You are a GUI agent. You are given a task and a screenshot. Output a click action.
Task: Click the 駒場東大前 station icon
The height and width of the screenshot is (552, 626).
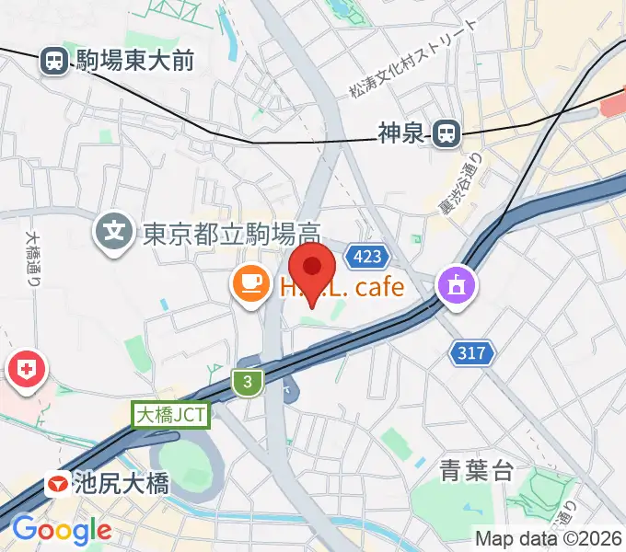54,62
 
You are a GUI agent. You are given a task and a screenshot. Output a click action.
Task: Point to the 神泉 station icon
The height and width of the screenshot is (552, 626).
446,134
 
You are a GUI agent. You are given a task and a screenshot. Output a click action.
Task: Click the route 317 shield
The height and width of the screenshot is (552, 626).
473,351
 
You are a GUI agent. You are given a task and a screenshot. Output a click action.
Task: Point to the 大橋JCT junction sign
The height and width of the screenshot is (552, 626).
172,416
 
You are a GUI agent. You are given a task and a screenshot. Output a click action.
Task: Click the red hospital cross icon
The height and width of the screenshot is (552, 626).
25,370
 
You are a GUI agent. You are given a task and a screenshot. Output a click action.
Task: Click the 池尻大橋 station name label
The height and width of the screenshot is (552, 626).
122,483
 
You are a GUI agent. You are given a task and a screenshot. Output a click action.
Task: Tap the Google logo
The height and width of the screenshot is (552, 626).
62,530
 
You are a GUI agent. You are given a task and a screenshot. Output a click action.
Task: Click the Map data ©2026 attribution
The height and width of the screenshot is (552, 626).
549,538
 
